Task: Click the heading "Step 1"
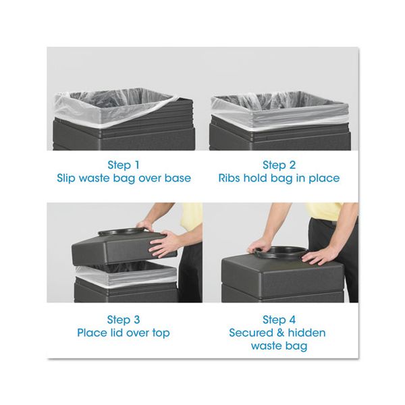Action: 124,165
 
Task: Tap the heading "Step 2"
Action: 279,165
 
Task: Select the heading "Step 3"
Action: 124,320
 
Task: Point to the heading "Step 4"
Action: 279,320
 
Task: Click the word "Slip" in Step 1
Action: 65,178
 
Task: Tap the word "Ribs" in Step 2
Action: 229,178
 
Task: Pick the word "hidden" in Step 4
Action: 306,333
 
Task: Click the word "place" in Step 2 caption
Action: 324,178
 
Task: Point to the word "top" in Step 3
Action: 161,333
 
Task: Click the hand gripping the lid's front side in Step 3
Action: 163,244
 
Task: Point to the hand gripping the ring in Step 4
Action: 259,246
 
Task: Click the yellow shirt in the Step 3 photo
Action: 191,217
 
